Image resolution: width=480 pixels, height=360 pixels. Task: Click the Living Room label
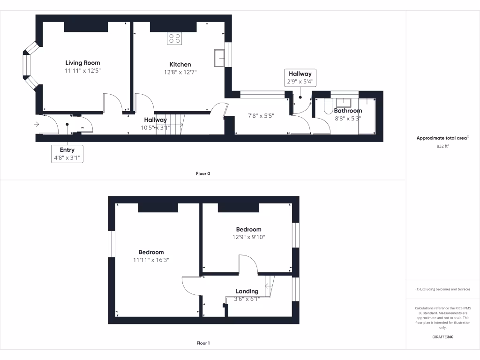pos(82,63)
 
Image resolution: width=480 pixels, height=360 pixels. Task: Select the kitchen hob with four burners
pos(174,38)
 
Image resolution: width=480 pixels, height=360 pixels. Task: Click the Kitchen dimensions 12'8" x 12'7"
pos(180,72)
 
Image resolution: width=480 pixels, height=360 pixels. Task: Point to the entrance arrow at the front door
pos(37,124)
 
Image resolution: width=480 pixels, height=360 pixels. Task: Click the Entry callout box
pos(67,154)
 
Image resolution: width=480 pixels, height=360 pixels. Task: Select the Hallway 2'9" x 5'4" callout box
pos(300,78)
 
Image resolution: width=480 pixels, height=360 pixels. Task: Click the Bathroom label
pos(348,111)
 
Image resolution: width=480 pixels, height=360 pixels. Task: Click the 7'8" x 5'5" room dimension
pos(261,115)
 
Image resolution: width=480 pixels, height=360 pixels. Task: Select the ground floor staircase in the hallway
pos(169,124)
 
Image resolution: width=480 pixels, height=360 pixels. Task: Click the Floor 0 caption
pos(203,173)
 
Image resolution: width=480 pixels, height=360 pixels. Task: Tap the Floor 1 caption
pos(203,343)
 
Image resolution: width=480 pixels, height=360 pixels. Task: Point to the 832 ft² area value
pos(442,146)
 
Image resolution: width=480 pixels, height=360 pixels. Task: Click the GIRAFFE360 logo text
pos(443,337)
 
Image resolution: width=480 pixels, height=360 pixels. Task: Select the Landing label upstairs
pos(247,291)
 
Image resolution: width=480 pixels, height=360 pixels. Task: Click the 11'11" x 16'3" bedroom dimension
pos(151,260)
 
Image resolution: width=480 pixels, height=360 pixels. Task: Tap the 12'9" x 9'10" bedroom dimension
pos(248,237)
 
